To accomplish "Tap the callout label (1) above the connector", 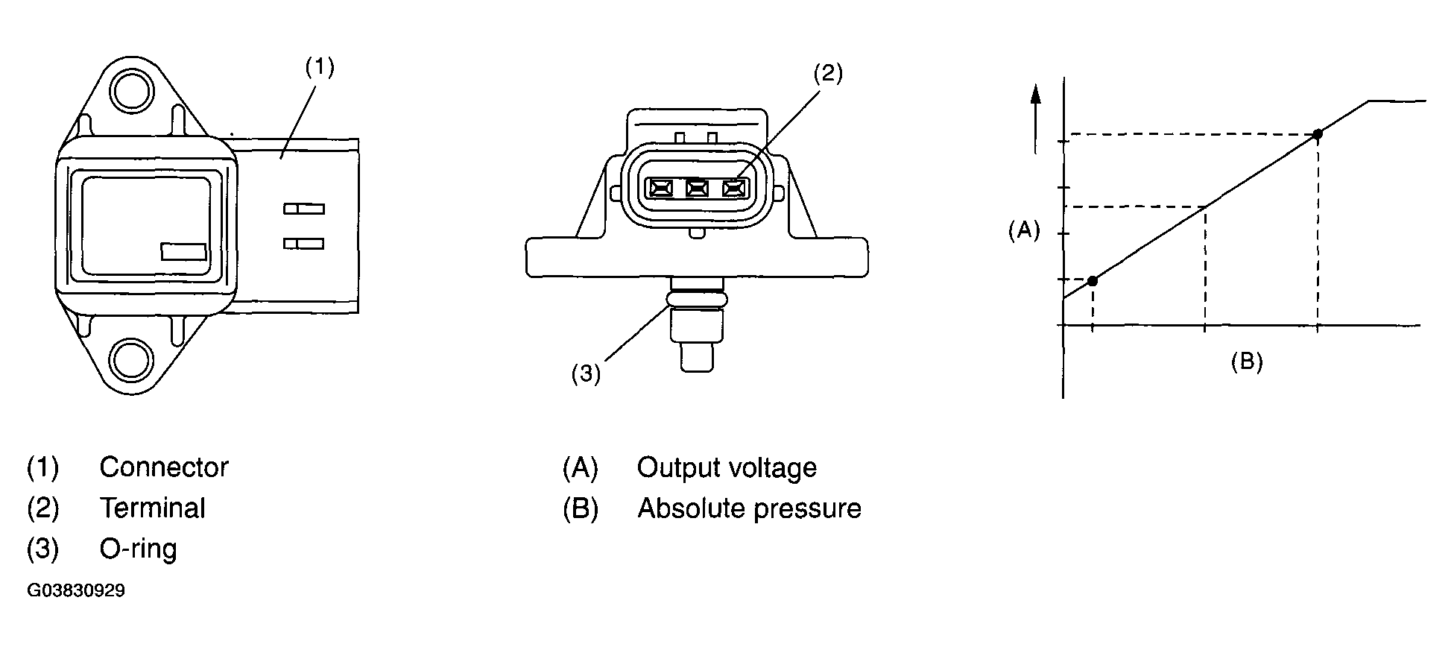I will pyautogui.click(x=320, y=68).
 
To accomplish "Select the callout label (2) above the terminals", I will pyautogui.click(x=827, y=73).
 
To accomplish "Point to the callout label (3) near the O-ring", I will pyautogui.click(x=586, y=373).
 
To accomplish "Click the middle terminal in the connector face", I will pyautogui.click(x=697, y=189).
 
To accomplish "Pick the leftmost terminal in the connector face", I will pyautogui.click(x=660, y=189).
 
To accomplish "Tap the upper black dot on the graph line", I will pyautogui.click(x=1318, y=134).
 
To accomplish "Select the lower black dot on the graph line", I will pyautogui.click(x=1093, y=281).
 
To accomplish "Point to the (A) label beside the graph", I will pyautogui.click(x=1023, y=230).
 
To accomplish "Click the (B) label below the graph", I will pyautogui.click(x=1246, y=362).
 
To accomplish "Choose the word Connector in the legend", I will pyautogui.click(x=164, y=467).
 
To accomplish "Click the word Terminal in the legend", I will pyautogui.click(x=153, y=508).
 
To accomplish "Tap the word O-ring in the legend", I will pyautogui.click(x=139, y=549).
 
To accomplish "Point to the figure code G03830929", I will pyautogui.click(x=76, y=591).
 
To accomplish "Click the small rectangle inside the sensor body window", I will pyautogui.click(x=183, y=251).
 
